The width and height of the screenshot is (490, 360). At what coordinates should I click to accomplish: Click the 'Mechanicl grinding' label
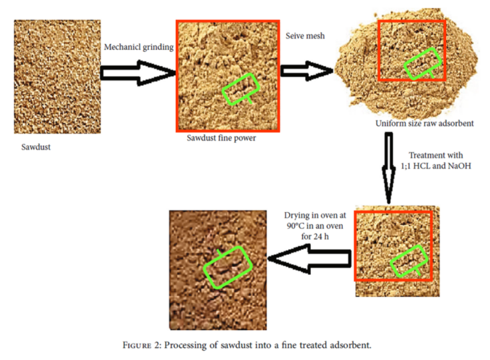pos(138,47)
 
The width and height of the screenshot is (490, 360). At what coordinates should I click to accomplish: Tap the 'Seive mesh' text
pos(305,36)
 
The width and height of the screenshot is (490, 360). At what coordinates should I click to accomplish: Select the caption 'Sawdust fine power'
pos(221,138)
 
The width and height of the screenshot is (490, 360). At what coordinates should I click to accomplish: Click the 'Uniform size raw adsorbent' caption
pos(424,123)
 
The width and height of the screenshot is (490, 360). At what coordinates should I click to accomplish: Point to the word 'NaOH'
pos(459,166)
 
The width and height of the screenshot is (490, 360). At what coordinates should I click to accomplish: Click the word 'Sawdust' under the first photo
pos(36,147)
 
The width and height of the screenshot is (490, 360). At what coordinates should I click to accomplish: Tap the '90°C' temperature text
pos(296,226)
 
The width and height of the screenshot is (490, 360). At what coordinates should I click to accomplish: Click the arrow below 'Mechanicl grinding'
pos(138,73)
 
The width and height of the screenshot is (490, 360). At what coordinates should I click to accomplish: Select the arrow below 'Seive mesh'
pos(306,71)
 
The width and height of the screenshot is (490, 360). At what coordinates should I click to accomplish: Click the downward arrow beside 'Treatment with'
pos(388,168)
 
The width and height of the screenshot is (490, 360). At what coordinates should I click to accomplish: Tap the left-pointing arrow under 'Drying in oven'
pos(310,259)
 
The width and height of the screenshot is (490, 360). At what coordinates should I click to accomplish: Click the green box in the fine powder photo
pos(240,89)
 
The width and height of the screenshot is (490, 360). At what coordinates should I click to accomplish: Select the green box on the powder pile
pos(423,64)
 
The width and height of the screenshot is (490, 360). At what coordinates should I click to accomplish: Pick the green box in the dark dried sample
pos(228,268)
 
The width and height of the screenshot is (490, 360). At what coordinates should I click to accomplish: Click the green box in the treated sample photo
pos(409,262)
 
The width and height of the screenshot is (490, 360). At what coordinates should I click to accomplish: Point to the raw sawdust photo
pos(57,77)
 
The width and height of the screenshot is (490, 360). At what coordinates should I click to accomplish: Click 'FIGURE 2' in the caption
pos(141,345)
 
